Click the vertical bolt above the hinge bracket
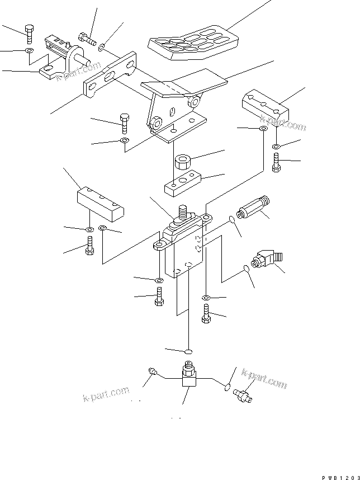tap(29, 34)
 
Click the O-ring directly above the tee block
tap(188, 351)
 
